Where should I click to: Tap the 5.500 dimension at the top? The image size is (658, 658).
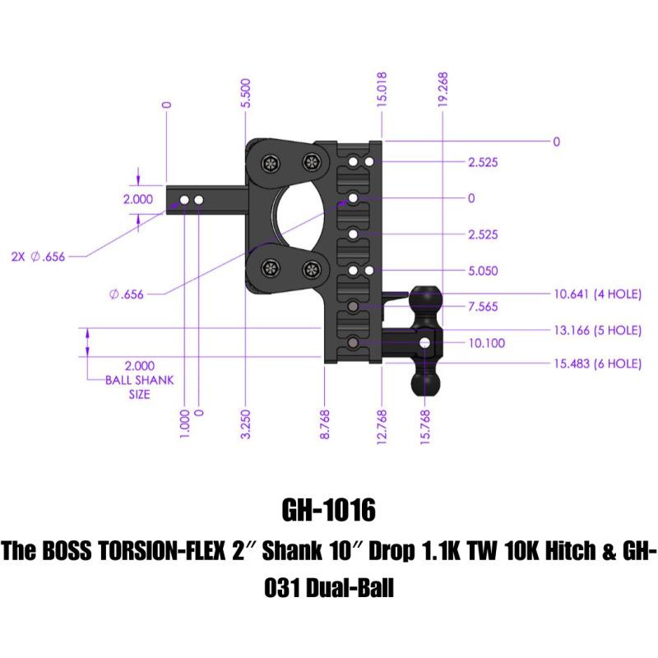(246, 93)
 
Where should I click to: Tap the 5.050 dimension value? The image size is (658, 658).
(484, 271)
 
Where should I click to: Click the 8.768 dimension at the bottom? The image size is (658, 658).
(327, 426)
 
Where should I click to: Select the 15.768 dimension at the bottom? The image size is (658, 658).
(426, 426)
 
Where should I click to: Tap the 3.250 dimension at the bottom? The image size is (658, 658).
(246, 426)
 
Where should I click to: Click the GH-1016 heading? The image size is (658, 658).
(328, 511)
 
